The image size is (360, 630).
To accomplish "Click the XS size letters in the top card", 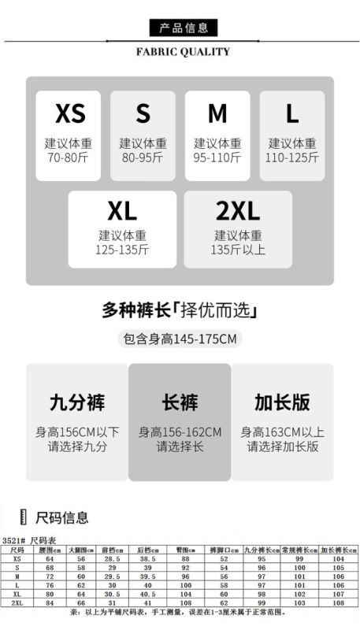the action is [70, 113].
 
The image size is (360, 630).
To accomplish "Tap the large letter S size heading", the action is [143, 113].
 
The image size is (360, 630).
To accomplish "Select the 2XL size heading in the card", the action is [238, 210].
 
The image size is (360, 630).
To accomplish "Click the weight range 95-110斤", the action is [217, 157].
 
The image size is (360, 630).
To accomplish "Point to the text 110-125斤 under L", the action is [292, 157].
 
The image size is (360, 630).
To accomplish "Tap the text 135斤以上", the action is [238, 250].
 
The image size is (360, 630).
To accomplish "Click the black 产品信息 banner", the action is [184, 28].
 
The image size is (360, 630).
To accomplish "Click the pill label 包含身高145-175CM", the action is [180, 339].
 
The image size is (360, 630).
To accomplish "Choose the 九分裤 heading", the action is [77, 402].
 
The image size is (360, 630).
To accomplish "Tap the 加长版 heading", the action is [283, 402].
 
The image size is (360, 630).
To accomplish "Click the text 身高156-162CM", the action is [180, 432].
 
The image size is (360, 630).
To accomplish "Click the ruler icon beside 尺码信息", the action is [24, 517].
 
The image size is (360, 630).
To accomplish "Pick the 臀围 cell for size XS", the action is [185, 559].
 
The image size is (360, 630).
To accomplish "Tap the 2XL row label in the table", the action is [17, 603].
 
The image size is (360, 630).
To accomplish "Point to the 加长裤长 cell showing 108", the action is [339, 603].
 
